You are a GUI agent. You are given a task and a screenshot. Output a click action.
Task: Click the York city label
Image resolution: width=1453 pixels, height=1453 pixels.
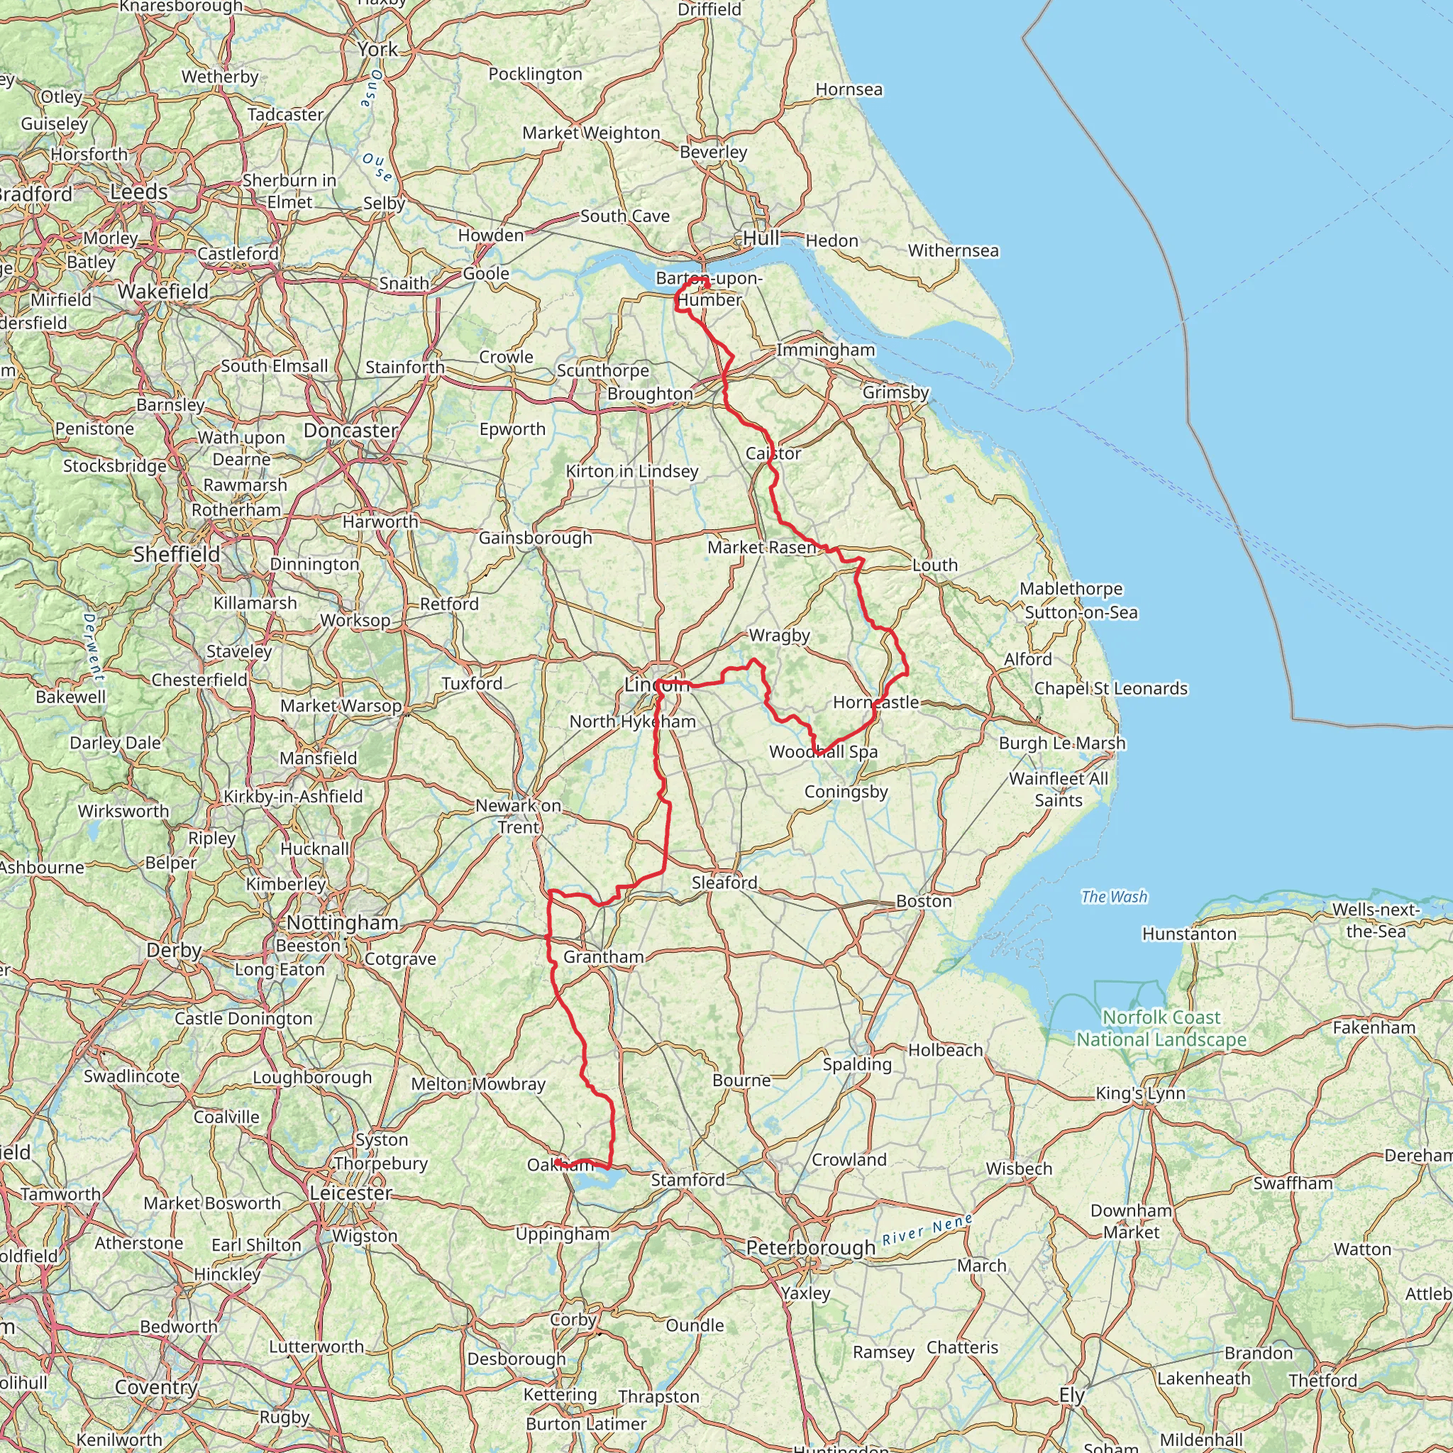coord(377,50)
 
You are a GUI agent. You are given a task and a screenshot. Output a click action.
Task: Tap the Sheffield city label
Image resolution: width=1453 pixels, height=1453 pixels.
coord(177,554)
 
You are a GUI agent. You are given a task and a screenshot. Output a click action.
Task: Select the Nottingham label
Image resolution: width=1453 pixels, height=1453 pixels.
coord(342,923)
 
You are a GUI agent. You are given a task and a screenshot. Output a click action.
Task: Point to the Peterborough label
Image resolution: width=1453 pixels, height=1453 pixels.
coord(811,1248)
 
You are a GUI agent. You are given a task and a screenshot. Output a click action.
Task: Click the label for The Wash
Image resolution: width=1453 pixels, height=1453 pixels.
coord(1114,897)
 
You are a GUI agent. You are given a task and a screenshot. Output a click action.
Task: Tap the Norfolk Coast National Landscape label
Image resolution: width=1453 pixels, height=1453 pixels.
coord(1161,1028)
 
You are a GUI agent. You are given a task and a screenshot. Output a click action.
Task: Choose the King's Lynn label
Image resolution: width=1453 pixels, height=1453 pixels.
coord(1140,1093)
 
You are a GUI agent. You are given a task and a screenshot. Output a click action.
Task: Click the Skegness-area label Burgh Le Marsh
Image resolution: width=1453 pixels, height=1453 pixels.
coord(1062,743)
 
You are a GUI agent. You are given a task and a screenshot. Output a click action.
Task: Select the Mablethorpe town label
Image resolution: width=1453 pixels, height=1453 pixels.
coord(1071,589)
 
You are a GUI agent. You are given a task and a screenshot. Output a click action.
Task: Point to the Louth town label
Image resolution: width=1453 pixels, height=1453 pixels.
coord(935,565)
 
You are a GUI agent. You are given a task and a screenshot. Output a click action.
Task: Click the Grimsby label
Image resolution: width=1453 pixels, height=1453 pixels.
coord(896,392)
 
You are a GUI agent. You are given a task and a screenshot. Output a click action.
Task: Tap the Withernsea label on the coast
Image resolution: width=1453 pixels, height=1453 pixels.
coord(953,250)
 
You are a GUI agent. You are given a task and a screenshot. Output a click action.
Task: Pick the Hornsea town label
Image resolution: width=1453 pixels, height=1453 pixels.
coord(849,89)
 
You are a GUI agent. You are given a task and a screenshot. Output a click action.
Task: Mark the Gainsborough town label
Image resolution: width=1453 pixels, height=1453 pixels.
coord(536,538)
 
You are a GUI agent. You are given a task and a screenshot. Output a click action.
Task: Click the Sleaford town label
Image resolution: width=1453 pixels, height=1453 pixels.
coord(724,882)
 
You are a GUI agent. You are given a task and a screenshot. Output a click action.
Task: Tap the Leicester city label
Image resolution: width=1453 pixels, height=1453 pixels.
coord(351,1193)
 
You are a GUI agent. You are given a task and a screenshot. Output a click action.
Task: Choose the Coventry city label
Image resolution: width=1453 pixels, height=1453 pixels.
coord(156,1387)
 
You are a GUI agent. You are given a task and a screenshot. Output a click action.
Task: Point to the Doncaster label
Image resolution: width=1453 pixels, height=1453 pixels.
coord(350,430)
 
